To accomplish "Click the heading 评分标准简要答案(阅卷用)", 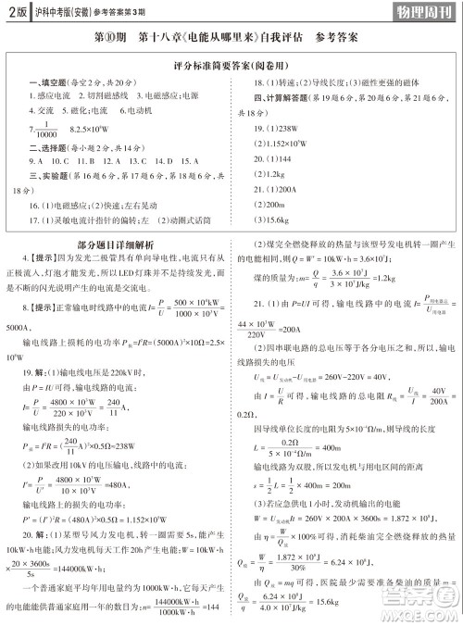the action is tap(231, 68).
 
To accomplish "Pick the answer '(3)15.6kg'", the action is tap(273, 219).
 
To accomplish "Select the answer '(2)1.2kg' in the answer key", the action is tap(271, 175).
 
